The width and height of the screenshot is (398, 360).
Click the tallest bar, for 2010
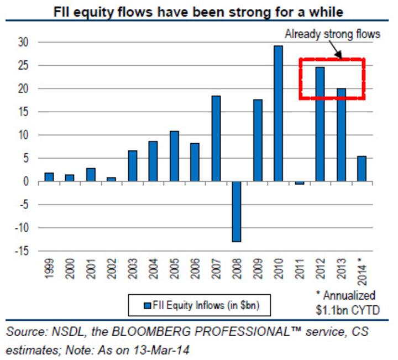point(278,113)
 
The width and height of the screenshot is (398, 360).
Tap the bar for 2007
point(216,139)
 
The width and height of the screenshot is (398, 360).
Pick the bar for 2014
point(362,169)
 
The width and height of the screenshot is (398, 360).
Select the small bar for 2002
point(111,179)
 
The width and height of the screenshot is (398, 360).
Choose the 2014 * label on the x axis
point(362,271)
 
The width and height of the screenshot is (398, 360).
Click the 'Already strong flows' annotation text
point(332,34)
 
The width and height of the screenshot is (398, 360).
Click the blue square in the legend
point(146,305)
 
